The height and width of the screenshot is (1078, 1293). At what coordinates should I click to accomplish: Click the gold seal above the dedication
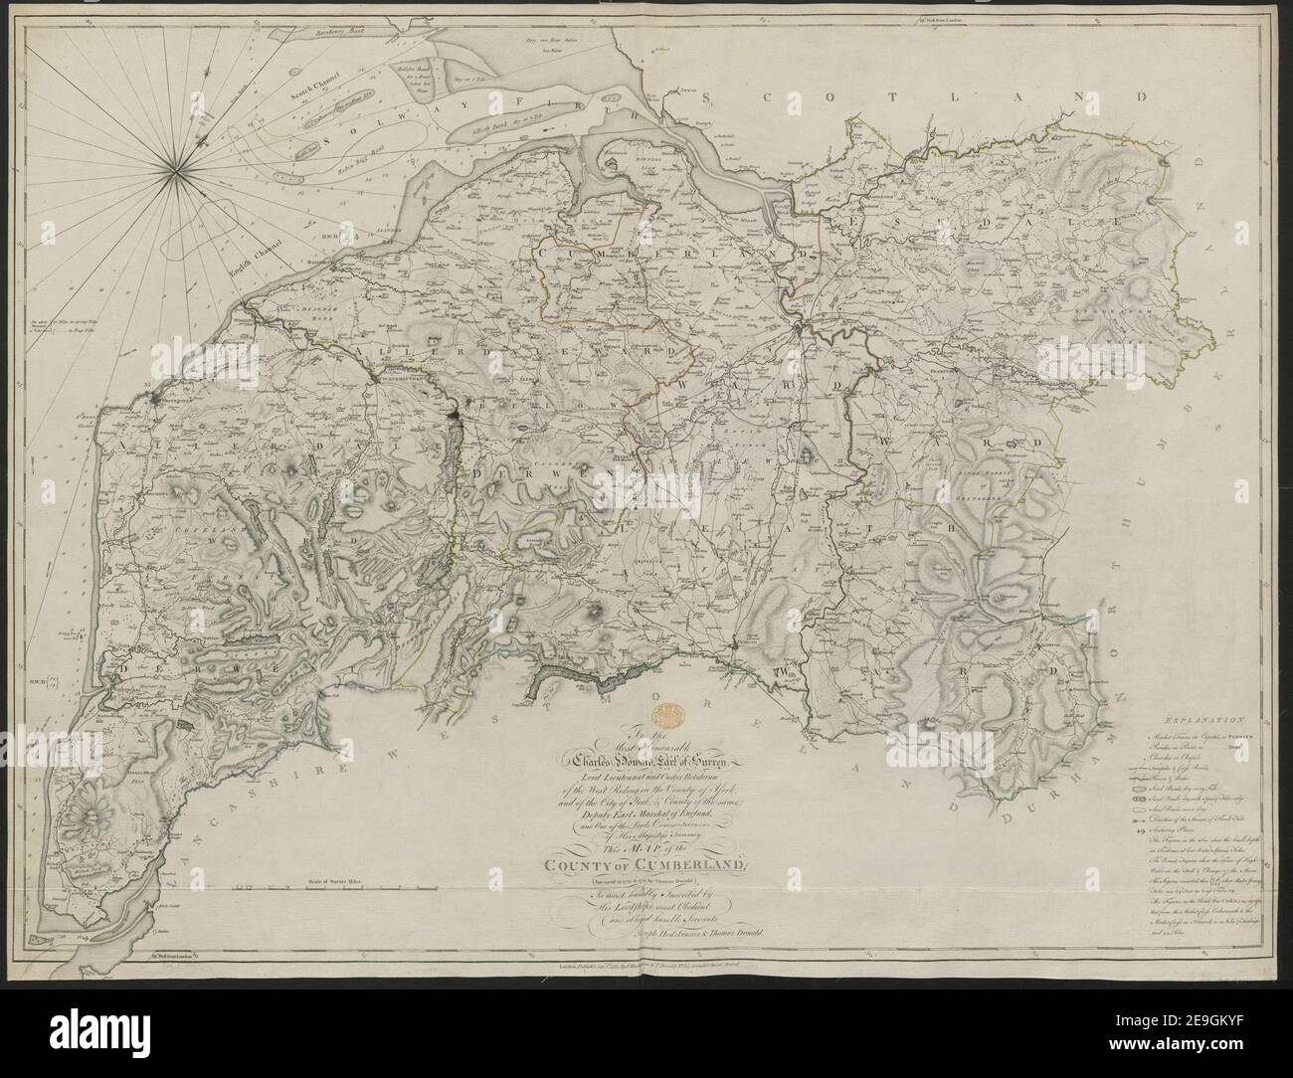(667, 714)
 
